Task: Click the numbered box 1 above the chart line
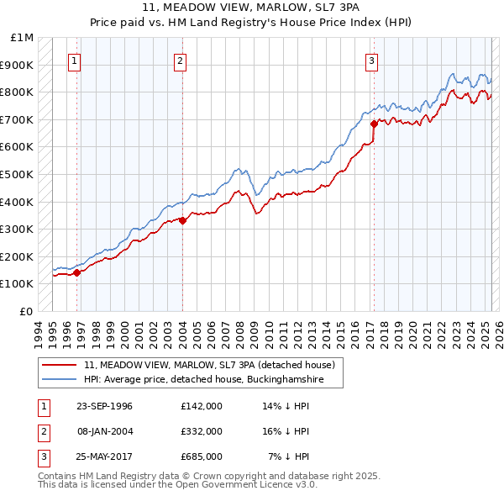75,60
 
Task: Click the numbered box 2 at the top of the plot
181,60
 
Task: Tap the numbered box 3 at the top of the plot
371,60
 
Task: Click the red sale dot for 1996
76,272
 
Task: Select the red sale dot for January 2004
182,220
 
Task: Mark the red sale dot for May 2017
374,124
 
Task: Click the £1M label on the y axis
23,38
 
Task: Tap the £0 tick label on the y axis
27,311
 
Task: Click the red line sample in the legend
60,365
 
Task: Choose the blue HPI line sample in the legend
60,380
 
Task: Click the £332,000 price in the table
202,431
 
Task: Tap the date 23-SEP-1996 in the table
104,406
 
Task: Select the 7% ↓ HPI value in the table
289,456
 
